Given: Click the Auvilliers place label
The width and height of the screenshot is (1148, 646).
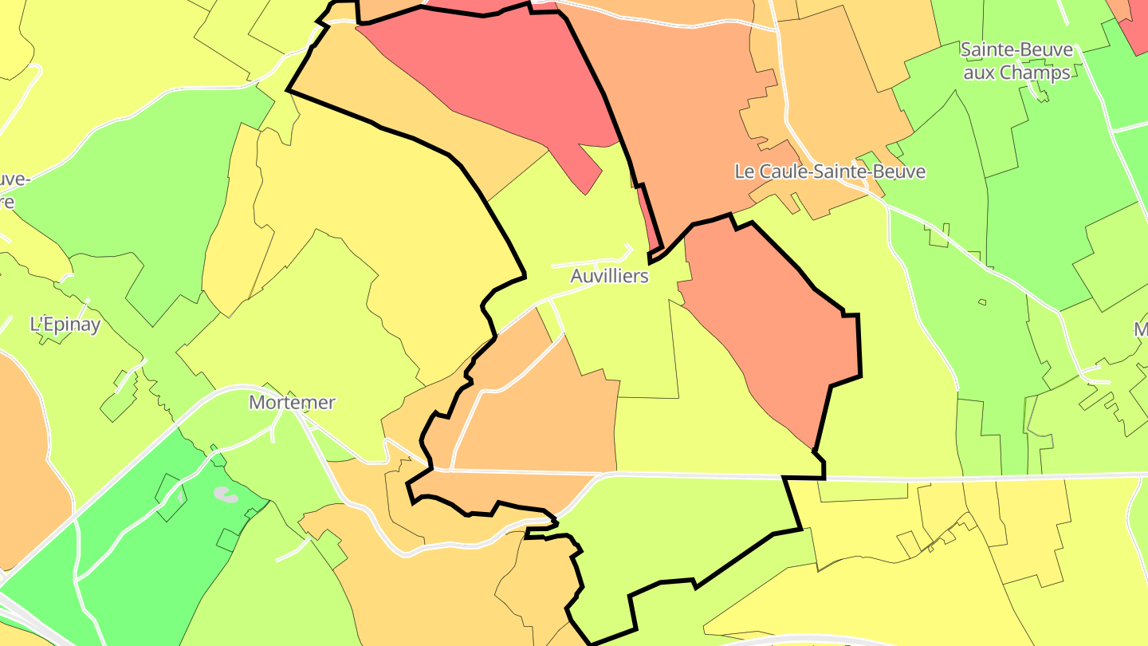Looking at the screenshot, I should tap(610, 276).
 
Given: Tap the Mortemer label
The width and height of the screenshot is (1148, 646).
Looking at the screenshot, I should tap(292, 402).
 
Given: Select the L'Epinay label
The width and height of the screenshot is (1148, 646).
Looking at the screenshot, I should tap(65, 325).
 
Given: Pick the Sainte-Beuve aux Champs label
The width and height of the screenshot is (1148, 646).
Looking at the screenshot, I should tap(1016, 61).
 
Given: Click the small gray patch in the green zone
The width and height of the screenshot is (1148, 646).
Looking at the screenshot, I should tap(226, 495).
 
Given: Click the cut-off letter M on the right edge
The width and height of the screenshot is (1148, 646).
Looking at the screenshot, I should tap(1141, 329).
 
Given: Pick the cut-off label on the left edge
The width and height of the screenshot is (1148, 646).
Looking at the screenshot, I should tap(12, 190).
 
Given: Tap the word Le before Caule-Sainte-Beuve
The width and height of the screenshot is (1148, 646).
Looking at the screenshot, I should tap(743, 171).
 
